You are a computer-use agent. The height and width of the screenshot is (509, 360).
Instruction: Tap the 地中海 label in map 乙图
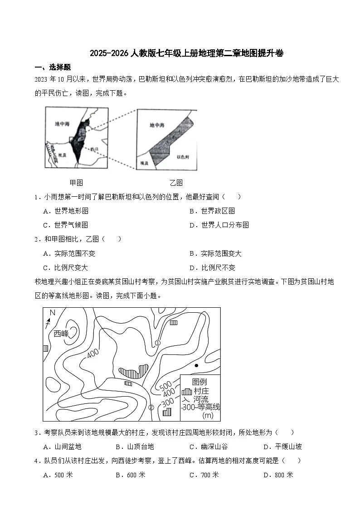[x=157, y=125]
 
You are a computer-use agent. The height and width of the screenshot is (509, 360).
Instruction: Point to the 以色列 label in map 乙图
[x=183, y=156]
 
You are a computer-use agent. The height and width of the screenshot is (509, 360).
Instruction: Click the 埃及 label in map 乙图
[x=144, y=162]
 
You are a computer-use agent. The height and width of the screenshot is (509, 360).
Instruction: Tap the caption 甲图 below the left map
[x=76, y=183]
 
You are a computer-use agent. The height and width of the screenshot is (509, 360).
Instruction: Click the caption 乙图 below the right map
[x=176, y=183]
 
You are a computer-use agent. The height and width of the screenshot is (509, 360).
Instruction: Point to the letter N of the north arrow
[x=52, y=313]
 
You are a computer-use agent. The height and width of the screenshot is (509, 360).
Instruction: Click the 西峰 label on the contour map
[x=61, y=334]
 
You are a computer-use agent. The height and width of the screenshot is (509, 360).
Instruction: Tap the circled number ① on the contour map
[x=157, y=343]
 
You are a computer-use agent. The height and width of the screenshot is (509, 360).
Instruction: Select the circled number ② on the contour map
[x=151, y=407]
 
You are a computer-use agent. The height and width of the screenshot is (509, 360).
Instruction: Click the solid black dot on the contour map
[x=196, y=365]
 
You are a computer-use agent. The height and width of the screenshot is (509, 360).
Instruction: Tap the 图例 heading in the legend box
[x=199, y=382]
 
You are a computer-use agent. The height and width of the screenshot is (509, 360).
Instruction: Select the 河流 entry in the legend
[x=200, y=399]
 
